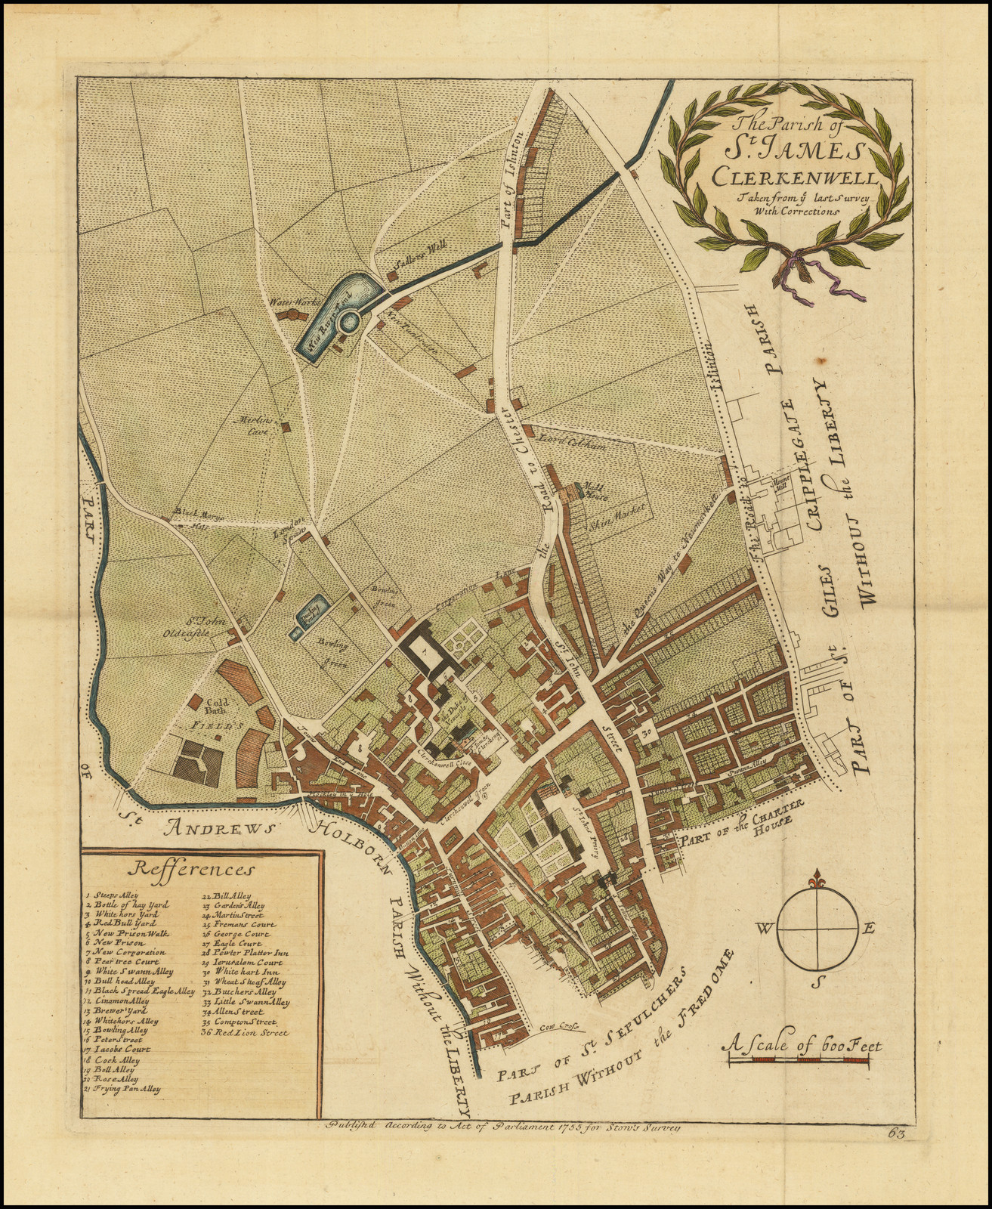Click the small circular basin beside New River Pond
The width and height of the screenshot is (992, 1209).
pos(349,323)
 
